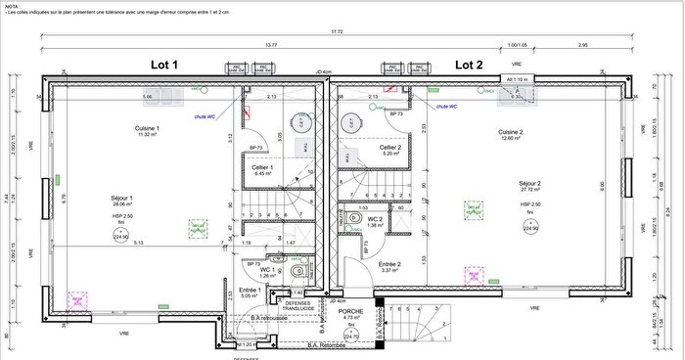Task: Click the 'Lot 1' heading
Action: [x=164, y=64]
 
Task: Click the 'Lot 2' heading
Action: [x=470, y=64]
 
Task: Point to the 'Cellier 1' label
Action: [x=262, y=167]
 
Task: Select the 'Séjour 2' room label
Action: [x=533, y=183]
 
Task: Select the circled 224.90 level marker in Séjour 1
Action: [x=121, y=236]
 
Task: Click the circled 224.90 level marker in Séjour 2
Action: [x=532, y=227]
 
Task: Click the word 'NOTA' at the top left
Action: [x=12, y=4]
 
